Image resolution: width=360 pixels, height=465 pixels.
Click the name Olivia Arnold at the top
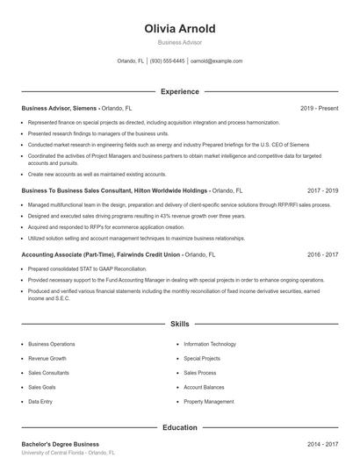[x=179, y=28]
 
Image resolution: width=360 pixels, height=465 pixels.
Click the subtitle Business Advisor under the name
[x=179, y=42]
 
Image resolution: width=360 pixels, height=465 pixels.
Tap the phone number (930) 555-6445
[x=167, y=61]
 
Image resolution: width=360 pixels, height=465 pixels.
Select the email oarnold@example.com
[x=216, y=61]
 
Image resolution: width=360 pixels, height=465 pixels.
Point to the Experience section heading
[x=179, y=91]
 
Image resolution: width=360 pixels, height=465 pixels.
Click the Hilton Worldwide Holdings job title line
[x=114, y=190]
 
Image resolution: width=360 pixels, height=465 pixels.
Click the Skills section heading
[x=179, y=324]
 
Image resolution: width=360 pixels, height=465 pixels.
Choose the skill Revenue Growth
[x=47, y=359]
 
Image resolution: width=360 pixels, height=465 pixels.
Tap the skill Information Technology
[x=210, y=345]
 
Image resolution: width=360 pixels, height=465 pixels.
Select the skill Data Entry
[x=40, y=401]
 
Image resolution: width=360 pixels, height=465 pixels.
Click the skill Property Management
[x=209, y=401]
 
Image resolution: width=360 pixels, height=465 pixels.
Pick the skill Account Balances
[x=205, y=387]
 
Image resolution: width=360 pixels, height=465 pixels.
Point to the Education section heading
[x=179, y=427]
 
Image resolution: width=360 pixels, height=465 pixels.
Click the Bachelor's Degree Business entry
[x=60, y=445]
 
